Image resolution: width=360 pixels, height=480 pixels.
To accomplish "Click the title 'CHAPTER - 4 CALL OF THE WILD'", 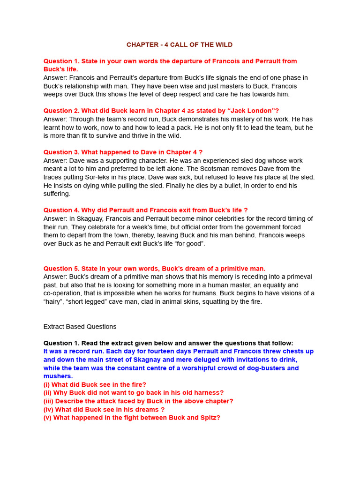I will (180, 45).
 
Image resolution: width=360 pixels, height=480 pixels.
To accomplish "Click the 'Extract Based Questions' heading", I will (80, 327).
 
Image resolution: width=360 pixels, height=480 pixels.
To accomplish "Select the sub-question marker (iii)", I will (48, 401).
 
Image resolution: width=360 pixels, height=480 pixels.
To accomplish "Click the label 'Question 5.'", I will (61, 269).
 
